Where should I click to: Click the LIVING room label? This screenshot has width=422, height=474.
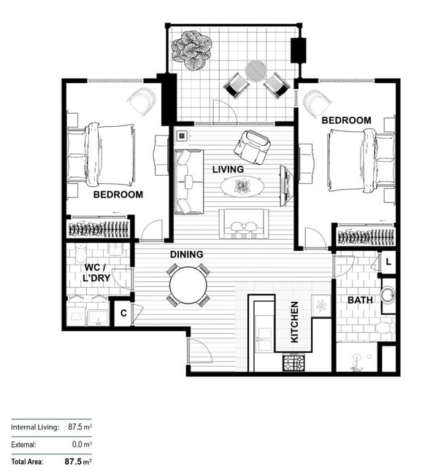pyautogui.click(x=228, y=169)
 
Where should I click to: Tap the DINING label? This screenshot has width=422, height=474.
pyautogui.click(x=186, y=255)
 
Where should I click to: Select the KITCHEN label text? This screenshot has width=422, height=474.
pyautogui.click(x=294, y=322)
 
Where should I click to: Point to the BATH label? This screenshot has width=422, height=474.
pyautogui.click(x=360, y=300)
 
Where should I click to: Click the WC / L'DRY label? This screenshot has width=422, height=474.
pyautogui.click(x=96, y=273)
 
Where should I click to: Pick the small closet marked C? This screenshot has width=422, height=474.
pyautogui.click(x=123, y=313)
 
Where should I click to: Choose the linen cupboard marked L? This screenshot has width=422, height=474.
pyautogui.click(x=388, y=262)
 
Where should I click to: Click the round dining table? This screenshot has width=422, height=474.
pyautogui.click(x=188, y=285)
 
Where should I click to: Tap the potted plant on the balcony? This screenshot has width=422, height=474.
pyautogui.click(x=191, y=50)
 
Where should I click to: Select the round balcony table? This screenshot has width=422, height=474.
pyautogui.click(x=256, y=71)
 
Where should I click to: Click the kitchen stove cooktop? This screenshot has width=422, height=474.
pyautogui.click(x=294, y=363)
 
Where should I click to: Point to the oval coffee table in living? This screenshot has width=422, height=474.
pyautogui.click(x=242, y=187)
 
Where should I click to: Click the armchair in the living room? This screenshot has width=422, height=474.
pyautogui.click(x=252, y=147)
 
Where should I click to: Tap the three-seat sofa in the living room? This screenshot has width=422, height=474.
pyautogui.click(x=188, y=182)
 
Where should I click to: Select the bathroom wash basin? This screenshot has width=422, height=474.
pyautogui.click(x=388, y=295)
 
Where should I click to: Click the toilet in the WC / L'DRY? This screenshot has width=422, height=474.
pyautogui.click(x=81, y=253)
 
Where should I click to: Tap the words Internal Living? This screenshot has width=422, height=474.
pyautogui.click(x=35, y=427)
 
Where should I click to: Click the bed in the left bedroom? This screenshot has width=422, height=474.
pyautogui.click(x=101, y=155)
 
